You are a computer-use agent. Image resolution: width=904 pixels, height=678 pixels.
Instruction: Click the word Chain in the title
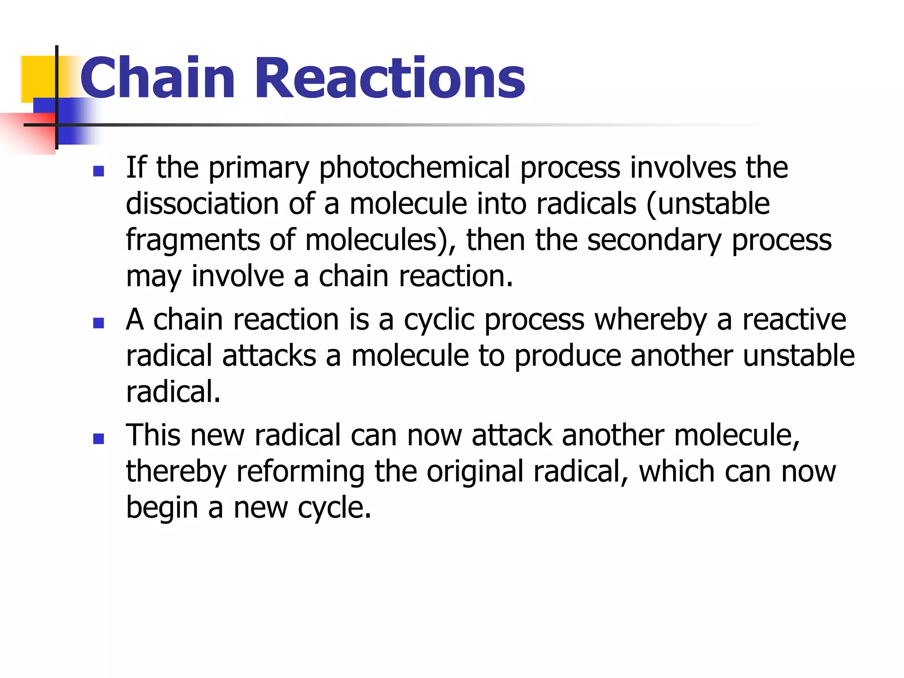click(x=157, y=78)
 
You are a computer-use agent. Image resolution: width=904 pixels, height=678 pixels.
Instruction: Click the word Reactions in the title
click(x=390, y=78)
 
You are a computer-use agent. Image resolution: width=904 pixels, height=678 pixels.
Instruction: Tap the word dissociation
click(x=202, y=204)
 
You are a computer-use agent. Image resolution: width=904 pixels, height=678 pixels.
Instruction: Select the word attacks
click(x=269, y=356)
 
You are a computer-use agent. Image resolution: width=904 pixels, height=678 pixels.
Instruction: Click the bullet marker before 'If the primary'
click(x=98, y=171)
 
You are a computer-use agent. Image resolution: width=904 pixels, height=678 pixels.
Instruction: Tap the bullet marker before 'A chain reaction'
click(x=98, y=323)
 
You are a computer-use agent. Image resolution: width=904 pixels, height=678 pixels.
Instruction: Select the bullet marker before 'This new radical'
click(x=98, y=439)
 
